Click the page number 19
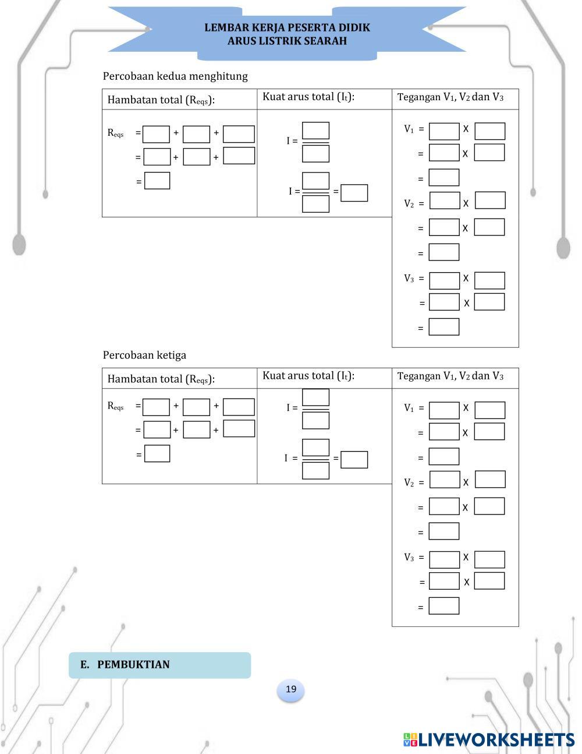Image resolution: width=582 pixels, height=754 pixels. (x=291, y=689)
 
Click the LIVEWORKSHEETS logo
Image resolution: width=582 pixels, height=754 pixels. (x=489, y=739)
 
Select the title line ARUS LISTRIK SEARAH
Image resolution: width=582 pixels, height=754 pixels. (x=287, y=41)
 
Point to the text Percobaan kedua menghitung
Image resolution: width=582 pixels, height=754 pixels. (x=175, y=76)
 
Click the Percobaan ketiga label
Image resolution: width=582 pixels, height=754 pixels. (x=144, y=355)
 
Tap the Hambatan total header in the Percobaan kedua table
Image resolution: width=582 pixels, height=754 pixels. (x=161, y=100)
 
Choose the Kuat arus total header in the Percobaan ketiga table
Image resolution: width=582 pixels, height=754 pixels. (x=308, y=376)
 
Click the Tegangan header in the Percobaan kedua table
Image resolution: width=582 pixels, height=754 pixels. (x=450, y=97)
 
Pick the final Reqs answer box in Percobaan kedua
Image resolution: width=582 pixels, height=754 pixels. (x=157, y=181)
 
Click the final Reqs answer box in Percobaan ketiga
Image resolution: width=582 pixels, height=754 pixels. (x=157, y=453)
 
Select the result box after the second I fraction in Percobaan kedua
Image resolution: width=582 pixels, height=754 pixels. (x=354, y=193)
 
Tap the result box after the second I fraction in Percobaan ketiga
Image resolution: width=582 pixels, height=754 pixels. (x=354, y=460)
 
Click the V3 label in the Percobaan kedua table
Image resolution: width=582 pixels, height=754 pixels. (x=409, y=279)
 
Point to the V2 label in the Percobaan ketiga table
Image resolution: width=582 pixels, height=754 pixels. (x=409, y=482)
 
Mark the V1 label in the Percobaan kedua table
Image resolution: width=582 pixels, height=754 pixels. (x=409, y=129)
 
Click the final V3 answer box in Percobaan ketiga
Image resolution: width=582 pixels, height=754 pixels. (x=443, y=606)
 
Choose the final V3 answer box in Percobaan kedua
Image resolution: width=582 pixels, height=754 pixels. (x=443, y=327)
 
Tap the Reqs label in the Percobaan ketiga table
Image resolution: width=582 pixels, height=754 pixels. (x=115, y=406)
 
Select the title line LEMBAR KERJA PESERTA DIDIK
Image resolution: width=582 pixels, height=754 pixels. (x=287, y=28)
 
